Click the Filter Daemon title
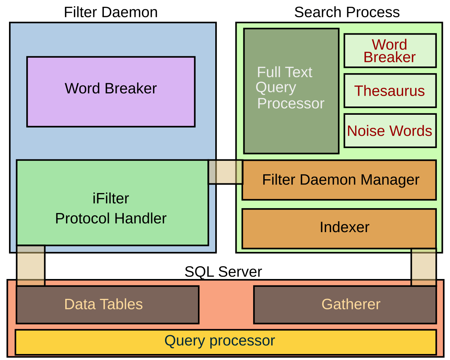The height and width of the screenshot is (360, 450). point(111,12)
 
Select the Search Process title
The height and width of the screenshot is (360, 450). point(347,12)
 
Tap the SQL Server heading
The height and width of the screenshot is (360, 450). point(223,271)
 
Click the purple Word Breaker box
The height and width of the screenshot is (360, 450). point(111,91)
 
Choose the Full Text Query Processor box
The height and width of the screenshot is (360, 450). point(291,91)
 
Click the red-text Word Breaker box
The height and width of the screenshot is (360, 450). point(390,51)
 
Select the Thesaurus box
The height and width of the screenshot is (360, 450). point(390,91)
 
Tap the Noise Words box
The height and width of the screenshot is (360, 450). point(390,130)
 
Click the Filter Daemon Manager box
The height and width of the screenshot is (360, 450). point(339,180)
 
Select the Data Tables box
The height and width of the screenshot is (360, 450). point(107,304)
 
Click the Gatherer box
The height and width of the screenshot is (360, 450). point(345,304)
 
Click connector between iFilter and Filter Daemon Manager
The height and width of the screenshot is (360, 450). point(225,172)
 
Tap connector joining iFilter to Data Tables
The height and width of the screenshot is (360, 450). point(30,265)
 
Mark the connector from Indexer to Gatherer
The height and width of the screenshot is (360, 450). point(424,267)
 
